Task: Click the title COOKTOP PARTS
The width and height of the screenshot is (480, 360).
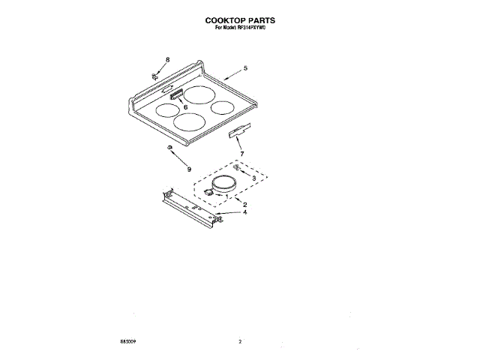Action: click(x=240, y=21)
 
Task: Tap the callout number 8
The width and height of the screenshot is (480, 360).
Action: click(x=167, y=59)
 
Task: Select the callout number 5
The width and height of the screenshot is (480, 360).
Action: click(x=245, y=69)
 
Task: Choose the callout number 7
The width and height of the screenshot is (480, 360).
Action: click(x=242, y=154)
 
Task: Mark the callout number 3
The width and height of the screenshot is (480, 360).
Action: click(x=254, y=178)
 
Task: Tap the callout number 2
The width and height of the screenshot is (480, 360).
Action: click(x=244, y=204)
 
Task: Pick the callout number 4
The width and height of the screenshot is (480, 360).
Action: click(x=244, y=212)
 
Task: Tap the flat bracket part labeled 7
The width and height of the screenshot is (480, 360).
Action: click(x=238, y=133)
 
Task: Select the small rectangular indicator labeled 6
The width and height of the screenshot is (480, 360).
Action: click(x=177, y=94)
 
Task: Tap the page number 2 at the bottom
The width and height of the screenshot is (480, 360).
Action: click(x=240, y=342)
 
